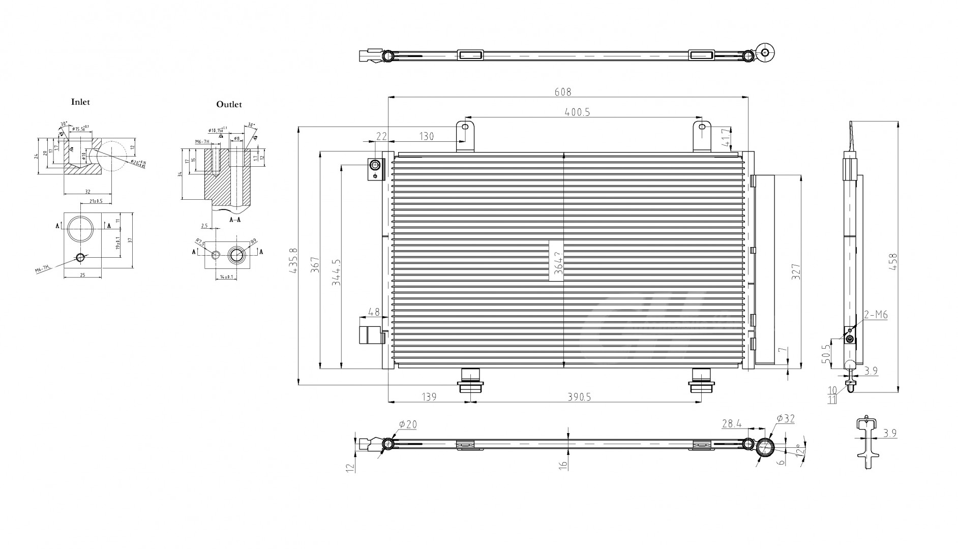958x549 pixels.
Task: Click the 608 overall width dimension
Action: point(563,92)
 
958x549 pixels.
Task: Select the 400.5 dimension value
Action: point(577,112)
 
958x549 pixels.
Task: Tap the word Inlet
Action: point(80,102)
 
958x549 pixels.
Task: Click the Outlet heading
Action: point(229,105)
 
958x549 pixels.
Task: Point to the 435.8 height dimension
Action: point(293,261)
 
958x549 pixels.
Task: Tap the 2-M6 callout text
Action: point(876,315)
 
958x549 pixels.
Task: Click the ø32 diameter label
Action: point(785,419)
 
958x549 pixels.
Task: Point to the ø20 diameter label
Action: point(408,424)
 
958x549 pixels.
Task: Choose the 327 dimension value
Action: point(796,271)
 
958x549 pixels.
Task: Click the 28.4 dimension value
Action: point(732,423)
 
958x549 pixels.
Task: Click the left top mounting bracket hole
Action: point(464,127)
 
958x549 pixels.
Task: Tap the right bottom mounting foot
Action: point(701,381)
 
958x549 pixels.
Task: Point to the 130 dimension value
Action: point(426,136)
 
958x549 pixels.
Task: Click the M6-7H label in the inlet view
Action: point(43,269)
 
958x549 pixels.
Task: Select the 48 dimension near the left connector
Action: point(374,311)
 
